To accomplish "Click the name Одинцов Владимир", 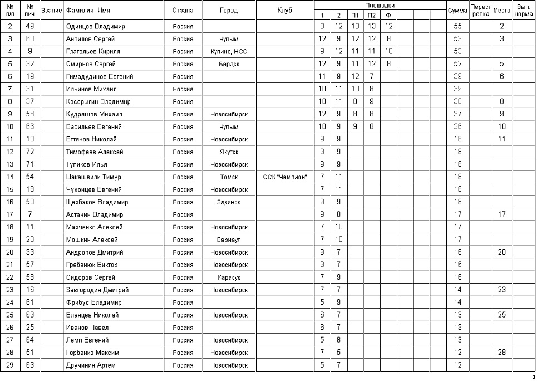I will point(95,26).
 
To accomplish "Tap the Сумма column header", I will point(457,10).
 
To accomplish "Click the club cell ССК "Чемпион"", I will point(285,177).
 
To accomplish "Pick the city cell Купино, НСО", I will point(229,51).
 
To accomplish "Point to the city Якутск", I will point(229,152).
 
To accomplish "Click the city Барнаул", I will point(229,240).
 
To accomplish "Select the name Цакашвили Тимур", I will point(93,177).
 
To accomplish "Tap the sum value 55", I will point(457,26).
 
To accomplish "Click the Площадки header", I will point(380,5).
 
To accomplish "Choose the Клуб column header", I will point(284,10).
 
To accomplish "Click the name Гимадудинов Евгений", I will point(99,76).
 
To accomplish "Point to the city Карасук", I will point(229,277).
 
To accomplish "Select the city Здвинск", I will point(229,202).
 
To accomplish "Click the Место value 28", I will point(502,353).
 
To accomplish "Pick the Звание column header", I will point(51,10).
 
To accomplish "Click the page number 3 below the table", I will point(533,377).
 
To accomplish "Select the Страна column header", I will point(183,10).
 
